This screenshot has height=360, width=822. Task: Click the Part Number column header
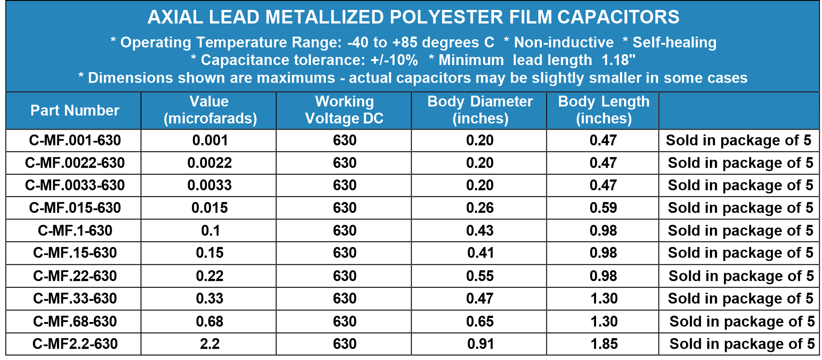click(75, 111)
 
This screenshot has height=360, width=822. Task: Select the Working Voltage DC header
click(344, 110)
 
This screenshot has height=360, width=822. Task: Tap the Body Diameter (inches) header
click(480, 110)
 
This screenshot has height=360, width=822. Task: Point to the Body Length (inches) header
click(604, 110)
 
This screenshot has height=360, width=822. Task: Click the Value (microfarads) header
click(210, 110)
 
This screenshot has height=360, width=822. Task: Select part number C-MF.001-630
click(75, 140)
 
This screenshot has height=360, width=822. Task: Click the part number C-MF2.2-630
click(75, 344)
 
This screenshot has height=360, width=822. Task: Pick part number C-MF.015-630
click(75, 208)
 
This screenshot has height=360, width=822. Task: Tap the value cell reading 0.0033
click(210, 185)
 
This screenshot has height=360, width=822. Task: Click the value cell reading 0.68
click(210, 321)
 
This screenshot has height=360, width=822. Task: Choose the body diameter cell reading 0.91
click(480, 344)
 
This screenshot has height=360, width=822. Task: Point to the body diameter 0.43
click(480, 231)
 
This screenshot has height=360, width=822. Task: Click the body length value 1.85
click(604, 344)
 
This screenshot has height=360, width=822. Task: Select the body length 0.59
click(603, 208)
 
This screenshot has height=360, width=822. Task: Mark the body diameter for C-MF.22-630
click(480, 276)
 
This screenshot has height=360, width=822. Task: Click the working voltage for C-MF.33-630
click(344, 299)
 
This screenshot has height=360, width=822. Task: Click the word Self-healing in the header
click(674, 42)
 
